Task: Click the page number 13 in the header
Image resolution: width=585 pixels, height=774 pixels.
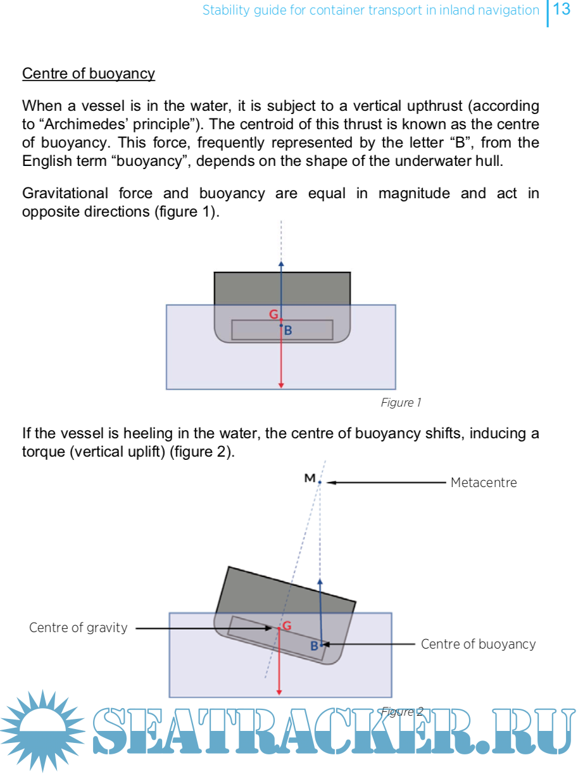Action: pos(562,10)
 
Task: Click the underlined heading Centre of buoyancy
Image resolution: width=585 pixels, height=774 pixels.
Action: pos(89,73)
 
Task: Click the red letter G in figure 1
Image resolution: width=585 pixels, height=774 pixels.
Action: pos(274,314)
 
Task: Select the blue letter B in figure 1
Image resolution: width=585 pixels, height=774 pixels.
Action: pos(288,331)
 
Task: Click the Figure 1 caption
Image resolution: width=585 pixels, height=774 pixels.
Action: pos(401,403)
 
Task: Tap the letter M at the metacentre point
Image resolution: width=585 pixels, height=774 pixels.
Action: pos(310,478)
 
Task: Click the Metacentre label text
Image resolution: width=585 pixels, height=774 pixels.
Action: pos(484,483)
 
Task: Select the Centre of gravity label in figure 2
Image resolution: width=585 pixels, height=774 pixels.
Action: pos(79,628)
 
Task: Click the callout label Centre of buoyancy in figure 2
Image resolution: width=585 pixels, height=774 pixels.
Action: pos(478,644)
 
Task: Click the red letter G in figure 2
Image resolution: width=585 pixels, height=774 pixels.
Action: pos(287,626)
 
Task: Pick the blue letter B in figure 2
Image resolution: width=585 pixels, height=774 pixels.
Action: pos(314,647)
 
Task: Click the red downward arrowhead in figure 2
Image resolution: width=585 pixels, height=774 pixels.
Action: pos(279,692)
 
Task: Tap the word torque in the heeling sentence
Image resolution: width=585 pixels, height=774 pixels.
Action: pos(42,454)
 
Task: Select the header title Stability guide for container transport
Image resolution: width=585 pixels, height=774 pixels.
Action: pos(370,10)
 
